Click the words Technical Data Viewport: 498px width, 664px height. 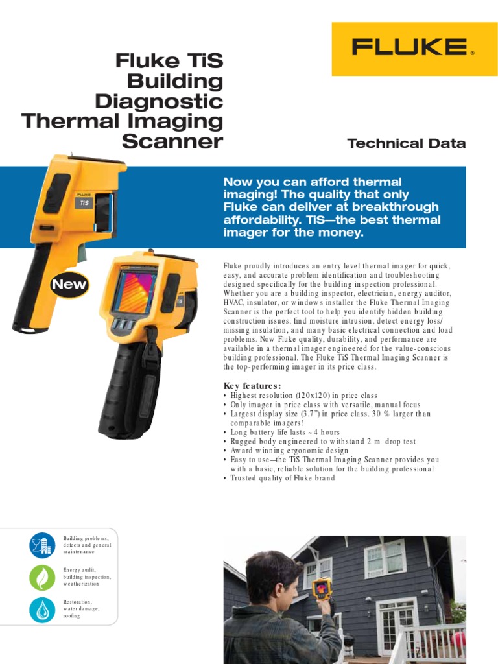click(406, 143)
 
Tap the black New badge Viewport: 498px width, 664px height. click(68, 284)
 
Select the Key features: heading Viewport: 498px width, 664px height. click(252, 386)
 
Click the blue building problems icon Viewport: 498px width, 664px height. click(42, 545)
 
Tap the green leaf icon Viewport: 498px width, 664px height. click(42, 577)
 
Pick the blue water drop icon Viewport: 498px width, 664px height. click(42, 610)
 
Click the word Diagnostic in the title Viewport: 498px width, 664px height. click(159, 101)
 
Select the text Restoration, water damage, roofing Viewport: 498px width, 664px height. click(82, 609)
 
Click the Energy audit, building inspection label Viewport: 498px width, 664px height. click(87, 576)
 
